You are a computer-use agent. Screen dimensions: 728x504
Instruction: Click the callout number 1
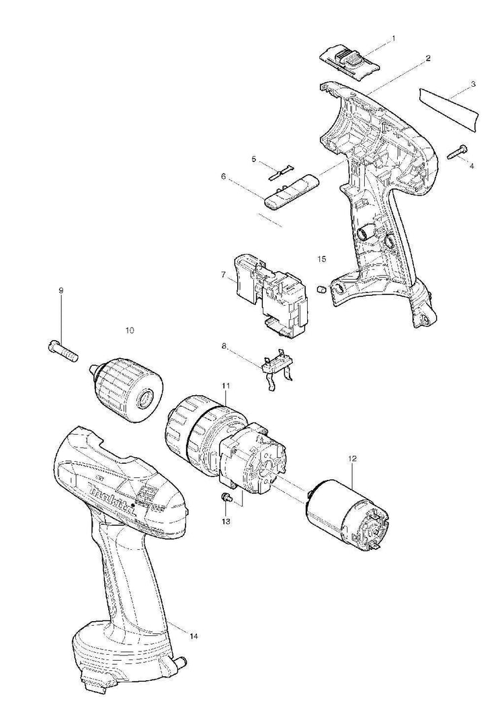click(x=394, y=38)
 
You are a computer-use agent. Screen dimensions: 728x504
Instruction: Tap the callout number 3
click(x=473, y=84)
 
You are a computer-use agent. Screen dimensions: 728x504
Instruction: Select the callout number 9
click(x=60, y=290)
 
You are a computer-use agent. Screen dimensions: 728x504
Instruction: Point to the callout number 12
click(x=352, y=458)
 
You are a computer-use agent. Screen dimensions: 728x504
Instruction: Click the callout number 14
click(x=194, y=635)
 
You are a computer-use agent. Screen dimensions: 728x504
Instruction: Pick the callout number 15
click(x=321, y=258)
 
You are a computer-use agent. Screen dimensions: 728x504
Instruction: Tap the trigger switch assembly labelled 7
click(x=273, y=293)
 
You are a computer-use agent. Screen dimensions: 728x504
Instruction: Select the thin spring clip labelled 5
click(x=281, y=171)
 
